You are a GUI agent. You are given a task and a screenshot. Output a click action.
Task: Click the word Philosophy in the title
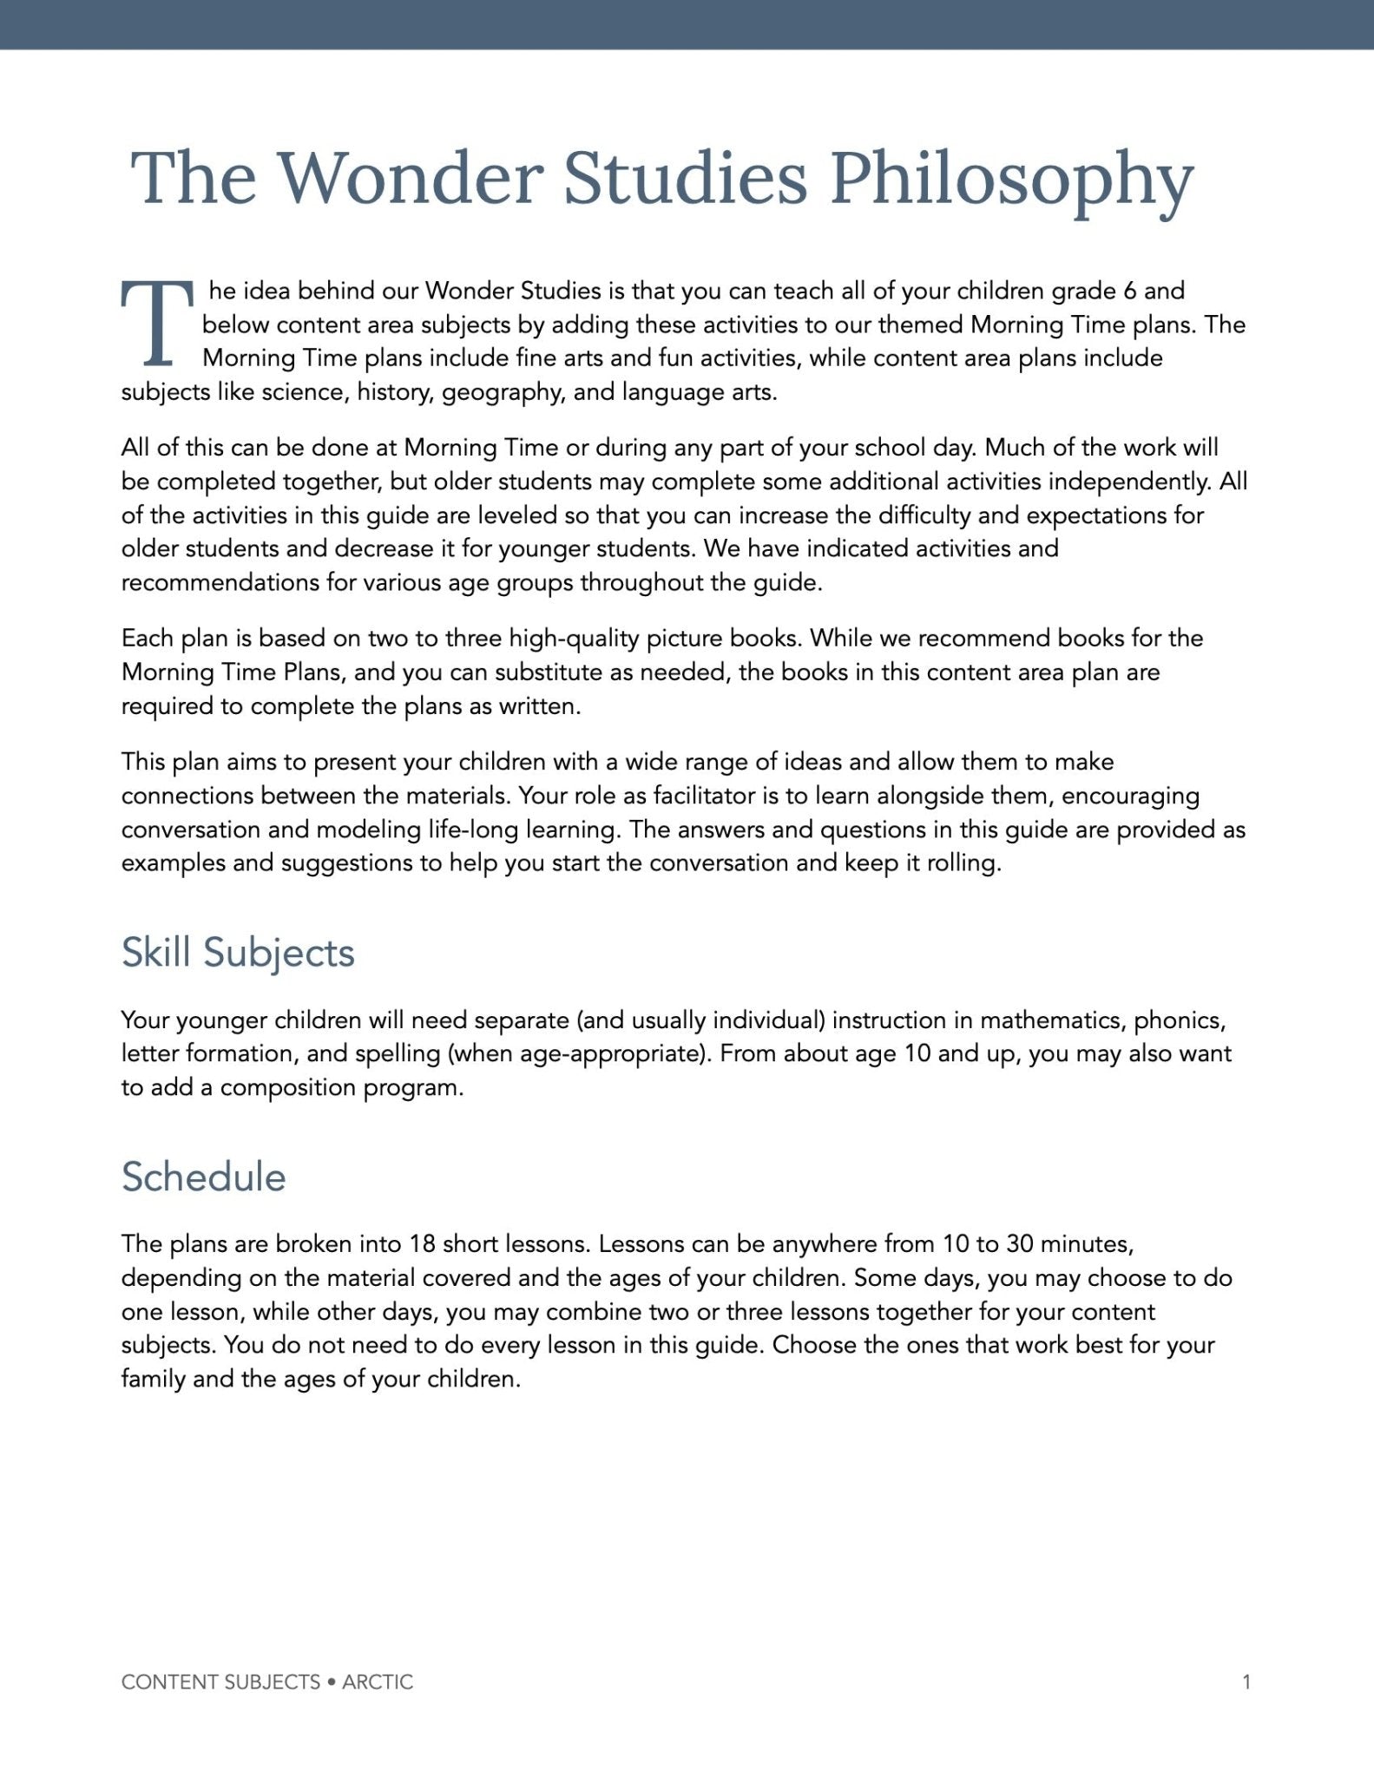pos(1011,180)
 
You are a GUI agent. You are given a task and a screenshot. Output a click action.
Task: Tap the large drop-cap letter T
pos(156,323)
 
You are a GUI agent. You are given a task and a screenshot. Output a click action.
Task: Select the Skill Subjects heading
pos(238,952)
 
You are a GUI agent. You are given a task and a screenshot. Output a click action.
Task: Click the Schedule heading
pos(203,1177)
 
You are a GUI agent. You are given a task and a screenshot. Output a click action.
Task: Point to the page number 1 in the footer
pos(1246,1682)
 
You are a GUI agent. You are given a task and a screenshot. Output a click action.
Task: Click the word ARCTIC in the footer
pos(378,1682)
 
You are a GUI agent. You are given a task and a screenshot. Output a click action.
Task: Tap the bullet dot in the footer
pos(332,1682)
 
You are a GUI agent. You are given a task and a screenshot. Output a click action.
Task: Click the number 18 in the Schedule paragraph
pos(422,1243)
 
